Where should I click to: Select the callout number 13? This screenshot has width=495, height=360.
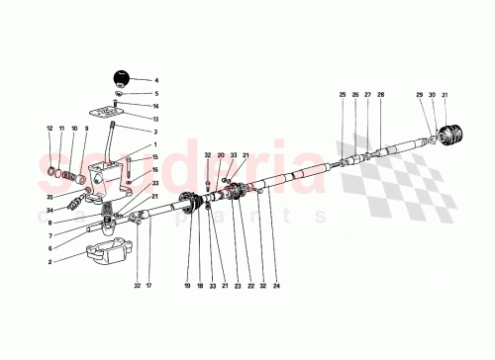(x=155, y=118)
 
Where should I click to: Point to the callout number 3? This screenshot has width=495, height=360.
(x=155, y=131)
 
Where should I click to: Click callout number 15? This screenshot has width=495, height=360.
(x=155, y=157)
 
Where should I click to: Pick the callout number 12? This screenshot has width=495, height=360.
(x=49, y=129)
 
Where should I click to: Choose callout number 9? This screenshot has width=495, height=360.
(x=86, y=129)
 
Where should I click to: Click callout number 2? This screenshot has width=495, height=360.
(x=49, y=262)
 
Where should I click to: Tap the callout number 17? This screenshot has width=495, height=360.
(x=149, y=286)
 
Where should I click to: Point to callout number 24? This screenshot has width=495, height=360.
(x=276, y=286)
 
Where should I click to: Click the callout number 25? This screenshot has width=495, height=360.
(x=343, y=95)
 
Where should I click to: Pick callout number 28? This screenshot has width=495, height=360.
(x=381, y=95)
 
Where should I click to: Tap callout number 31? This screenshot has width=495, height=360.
(x=445, y=95)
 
